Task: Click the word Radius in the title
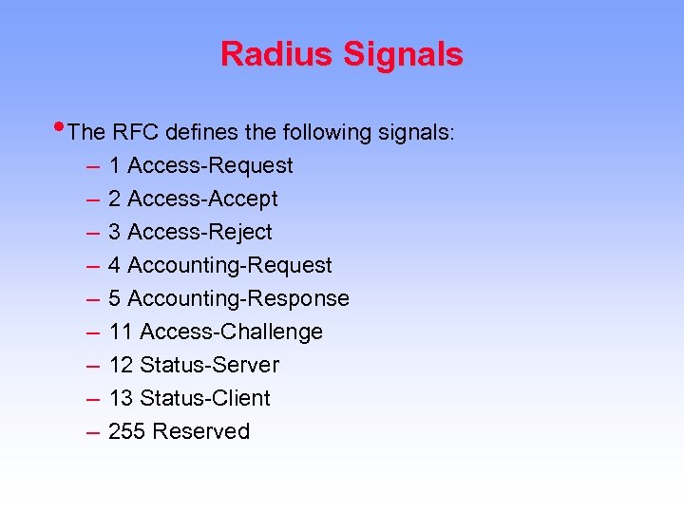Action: click(x=276, y=54)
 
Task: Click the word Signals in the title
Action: click(x=403, y=54)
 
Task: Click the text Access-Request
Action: click(x=210, y=166)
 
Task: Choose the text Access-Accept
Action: click(x=202, y=199)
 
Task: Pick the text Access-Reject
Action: click(x=199, y=233)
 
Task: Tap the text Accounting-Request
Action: click(x=229, y=266)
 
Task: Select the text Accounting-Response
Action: click(x=237, y=299)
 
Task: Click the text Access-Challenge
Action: click(x=231, y=332)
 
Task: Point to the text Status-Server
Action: click(x=209, y=366)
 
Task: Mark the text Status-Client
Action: click(x=204, y=399)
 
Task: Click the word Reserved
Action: click(x=200, y=432)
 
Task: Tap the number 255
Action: click(x=126, y=432)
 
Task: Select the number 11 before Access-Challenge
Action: click(x=121, y=332)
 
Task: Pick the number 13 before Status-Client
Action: click(x=121, y=399)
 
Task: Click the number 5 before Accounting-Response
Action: click(x=114, y=299)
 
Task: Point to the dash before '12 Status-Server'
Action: click(x=92, y=366)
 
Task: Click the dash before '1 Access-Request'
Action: click(x=92, y=166)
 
